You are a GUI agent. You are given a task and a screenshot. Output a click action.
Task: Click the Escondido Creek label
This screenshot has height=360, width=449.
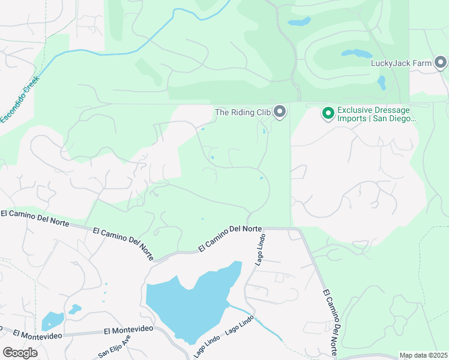(x=19, y=100)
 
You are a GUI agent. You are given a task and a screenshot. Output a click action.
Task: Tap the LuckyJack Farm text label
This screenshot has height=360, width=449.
(x=401, y=62)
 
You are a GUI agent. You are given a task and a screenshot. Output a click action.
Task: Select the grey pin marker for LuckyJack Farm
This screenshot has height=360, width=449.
(x=441, y=62)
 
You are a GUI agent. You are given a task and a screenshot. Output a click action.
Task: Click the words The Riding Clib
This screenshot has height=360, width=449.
(x=243, y=112)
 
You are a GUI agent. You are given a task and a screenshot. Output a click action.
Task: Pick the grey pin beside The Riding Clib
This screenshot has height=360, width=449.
(x=280, y=111)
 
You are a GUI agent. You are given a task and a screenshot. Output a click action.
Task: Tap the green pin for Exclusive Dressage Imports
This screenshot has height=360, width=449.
(x=328, y=112)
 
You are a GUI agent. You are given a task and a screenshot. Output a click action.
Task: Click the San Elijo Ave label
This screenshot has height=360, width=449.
(x=114, y=346)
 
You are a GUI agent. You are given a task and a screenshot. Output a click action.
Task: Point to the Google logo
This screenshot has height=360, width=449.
(x=20, y=352)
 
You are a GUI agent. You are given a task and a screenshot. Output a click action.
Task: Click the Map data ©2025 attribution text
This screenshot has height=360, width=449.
(x=423, y=355)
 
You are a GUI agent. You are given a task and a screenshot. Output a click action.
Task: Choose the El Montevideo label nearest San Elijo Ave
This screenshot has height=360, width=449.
(x=129, y=330)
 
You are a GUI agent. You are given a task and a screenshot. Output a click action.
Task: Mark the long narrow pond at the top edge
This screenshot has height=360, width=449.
(x=299, y=22)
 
